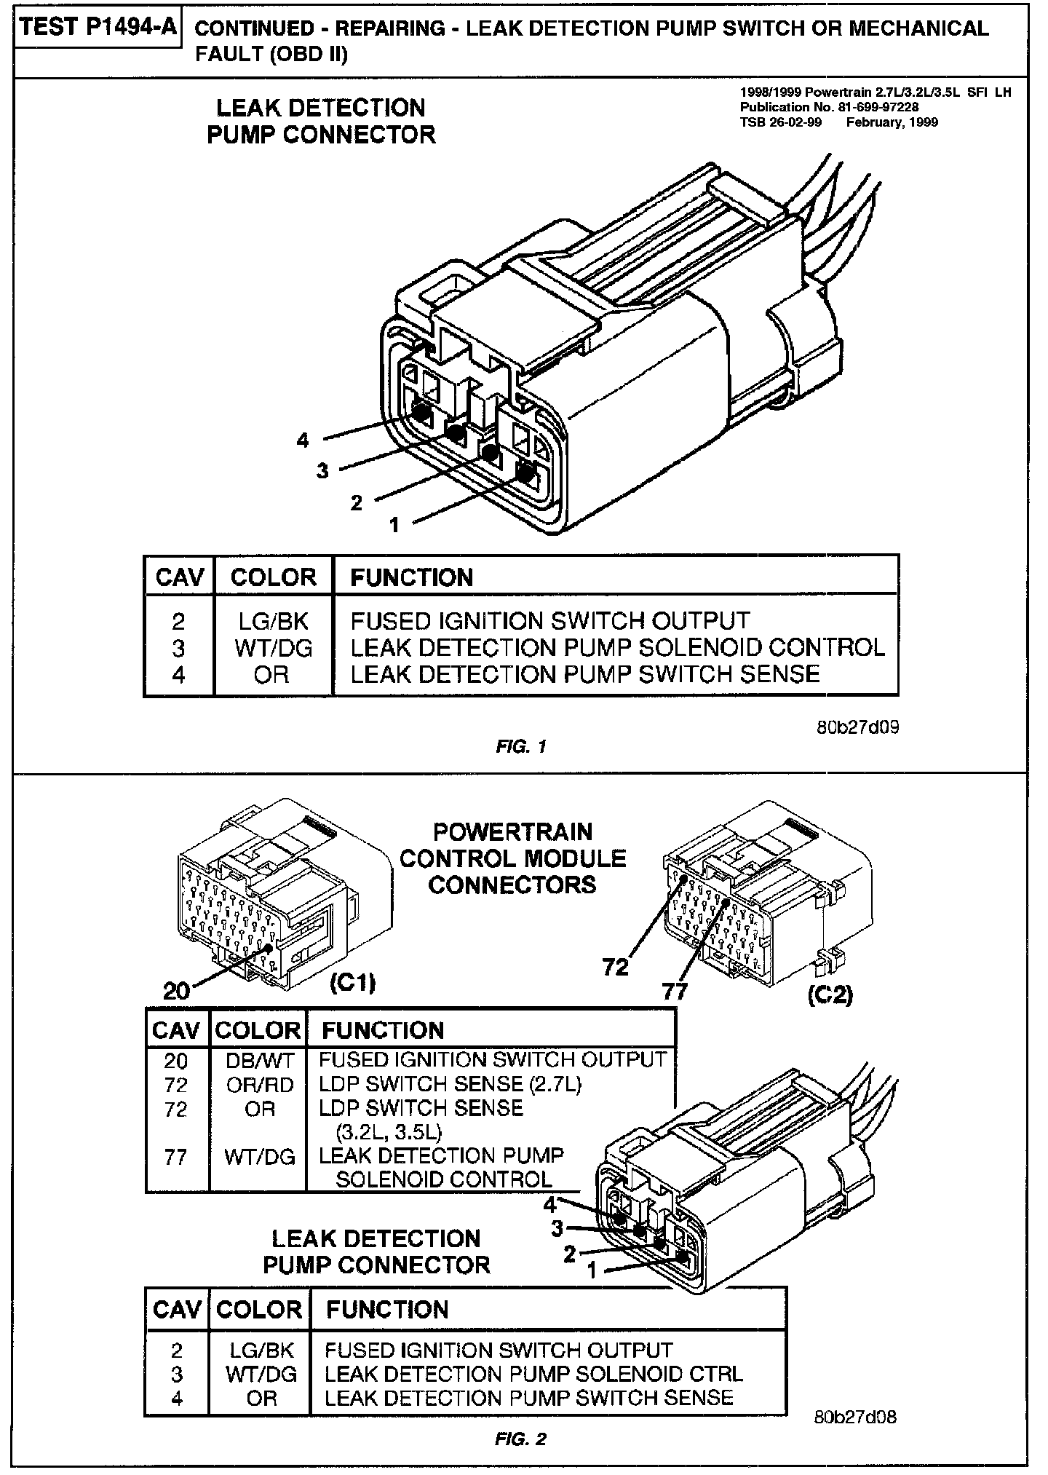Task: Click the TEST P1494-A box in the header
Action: [98, 28]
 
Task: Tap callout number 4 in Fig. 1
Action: [303, 440]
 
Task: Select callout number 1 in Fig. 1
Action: [394, 524]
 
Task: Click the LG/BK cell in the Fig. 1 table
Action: [273, 621]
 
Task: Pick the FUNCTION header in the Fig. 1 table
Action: [411, 578]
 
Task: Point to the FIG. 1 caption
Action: [520, 746]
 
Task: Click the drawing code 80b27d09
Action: [857, 727]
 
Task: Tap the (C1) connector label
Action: [352, 984]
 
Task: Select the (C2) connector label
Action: [830, 994]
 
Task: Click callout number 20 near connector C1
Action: [176, 990]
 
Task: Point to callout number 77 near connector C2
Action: [675, 991]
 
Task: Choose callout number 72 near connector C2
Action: [615, 968]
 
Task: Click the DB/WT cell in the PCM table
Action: [258, 1060]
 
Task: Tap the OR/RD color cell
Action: [258, 1085]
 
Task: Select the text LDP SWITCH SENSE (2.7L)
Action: [450, 1085]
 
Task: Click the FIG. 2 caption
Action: [520, 1439]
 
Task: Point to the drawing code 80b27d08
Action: [855, 1417]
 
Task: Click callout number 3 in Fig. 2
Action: [557, 1229]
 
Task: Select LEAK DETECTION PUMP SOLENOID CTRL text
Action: [533, 1374]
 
